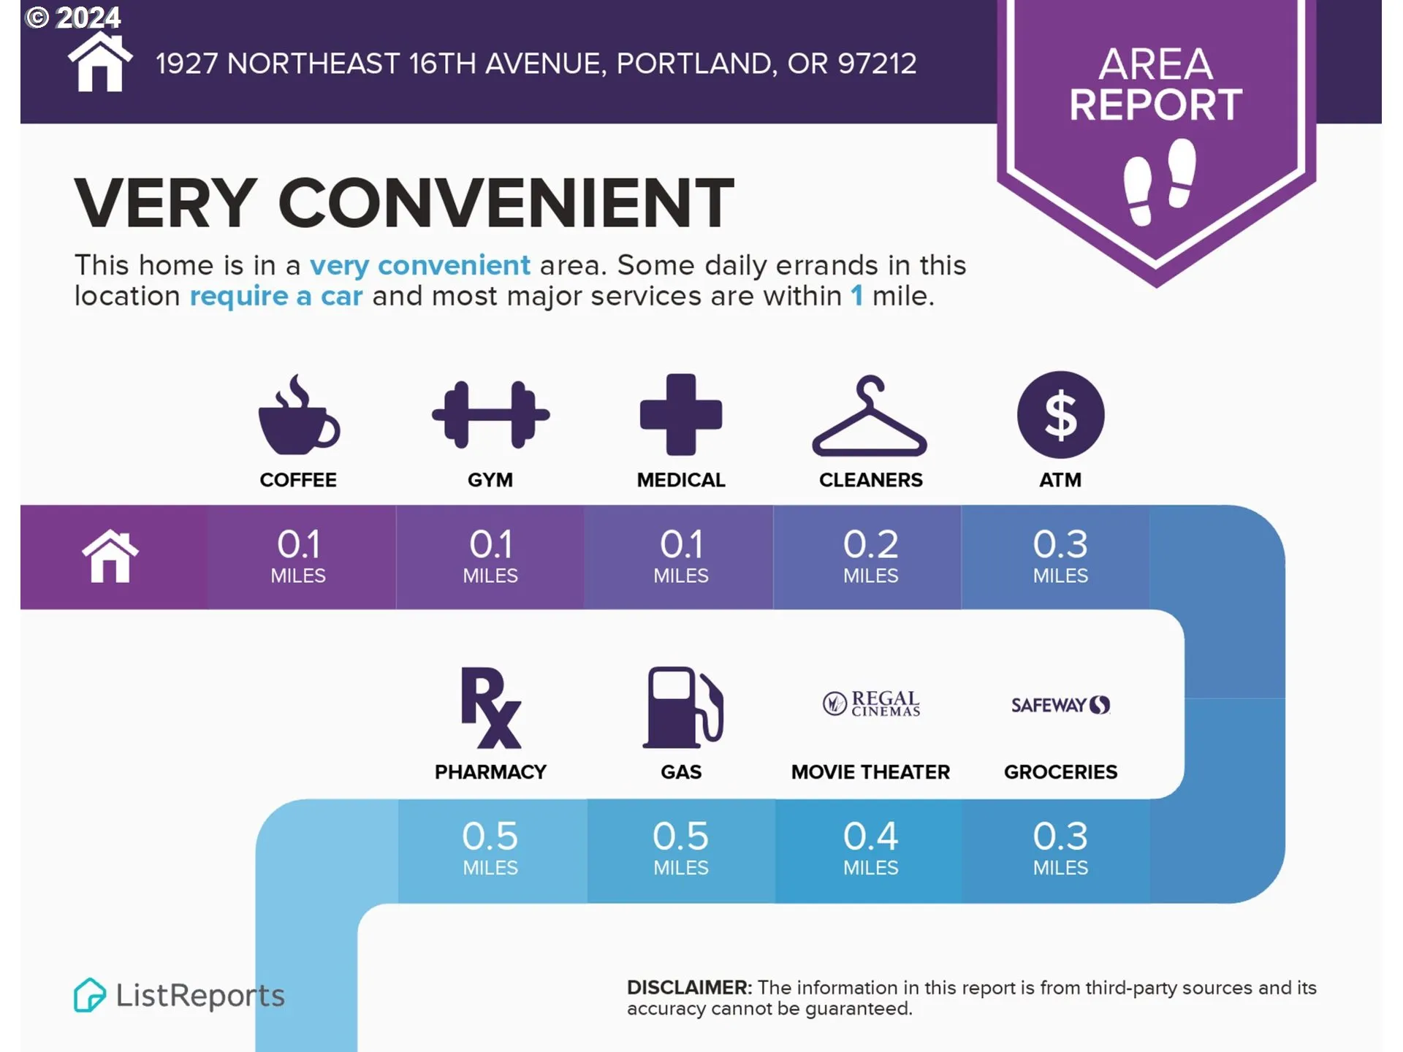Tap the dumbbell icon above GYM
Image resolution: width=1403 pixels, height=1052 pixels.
pos(490,414)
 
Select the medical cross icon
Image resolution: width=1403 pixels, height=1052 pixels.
pos(681,414)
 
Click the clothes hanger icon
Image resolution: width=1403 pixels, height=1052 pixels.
pos(870,416)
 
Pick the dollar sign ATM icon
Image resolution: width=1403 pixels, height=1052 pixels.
pos(1060,414)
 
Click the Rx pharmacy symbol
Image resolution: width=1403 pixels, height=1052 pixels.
pos(491,707)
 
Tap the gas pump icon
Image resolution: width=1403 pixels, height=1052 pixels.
pos(683,707)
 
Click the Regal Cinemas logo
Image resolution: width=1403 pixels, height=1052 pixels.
pos(871,704)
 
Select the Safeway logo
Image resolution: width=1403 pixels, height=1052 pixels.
pos(1060,705)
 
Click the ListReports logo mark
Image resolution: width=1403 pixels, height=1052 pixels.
pos(89,995)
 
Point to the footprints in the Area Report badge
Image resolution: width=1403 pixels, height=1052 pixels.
pos(1160,181)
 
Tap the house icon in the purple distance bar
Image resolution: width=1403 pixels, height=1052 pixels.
pos(110,556)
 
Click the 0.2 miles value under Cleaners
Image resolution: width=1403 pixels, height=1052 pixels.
pos(870,556)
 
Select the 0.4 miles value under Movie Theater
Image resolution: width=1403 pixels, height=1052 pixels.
pos(870,848)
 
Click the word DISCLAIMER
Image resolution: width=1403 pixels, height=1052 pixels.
pos(689,988)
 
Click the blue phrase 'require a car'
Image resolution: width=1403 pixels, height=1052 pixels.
pos(276,297)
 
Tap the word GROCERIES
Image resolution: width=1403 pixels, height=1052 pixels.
pos(1060,772)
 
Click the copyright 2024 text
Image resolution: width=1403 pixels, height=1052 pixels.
pos(73,17)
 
